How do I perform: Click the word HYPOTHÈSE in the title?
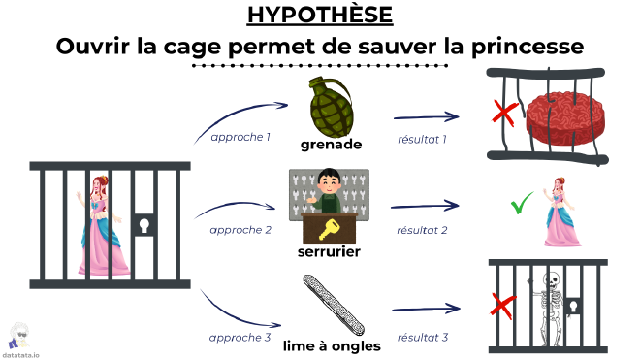[x=319, y=16]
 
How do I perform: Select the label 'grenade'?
[x=332, y=144]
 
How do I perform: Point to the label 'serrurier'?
[x=330, y=252]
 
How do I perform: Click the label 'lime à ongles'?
[x=331, y=345]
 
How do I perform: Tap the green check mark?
[x=523, y=205]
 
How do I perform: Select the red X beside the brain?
[x=503, y=115]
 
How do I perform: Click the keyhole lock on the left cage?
[x=145, y=226]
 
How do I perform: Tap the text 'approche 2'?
[x=240, y=230]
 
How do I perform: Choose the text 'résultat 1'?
[x=423, y=141]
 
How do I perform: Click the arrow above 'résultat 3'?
[x=426, y=311]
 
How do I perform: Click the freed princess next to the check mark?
[x=560, y=212]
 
